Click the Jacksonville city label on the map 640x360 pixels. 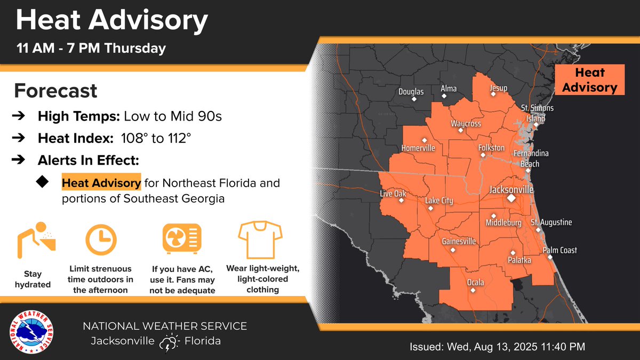(511, 190)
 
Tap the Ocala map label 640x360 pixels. (475, 282)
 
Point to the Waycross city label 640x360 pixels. (466, 124)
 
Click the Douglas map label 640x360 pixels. (411, 92)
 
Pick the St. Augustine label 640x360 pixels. (551, 222)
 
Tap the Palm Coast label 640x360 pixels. (559, 250)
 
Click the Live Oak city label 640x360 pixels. (393, 194)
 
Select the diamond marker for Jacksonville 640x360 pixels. (511, 198)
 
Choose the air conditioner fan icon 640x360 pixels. (182, 239)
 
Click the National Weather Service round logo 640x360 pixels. (34, 333)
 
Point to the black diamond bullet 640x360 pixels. (42, 182)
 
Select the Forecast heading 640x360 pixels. (55, 91)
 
